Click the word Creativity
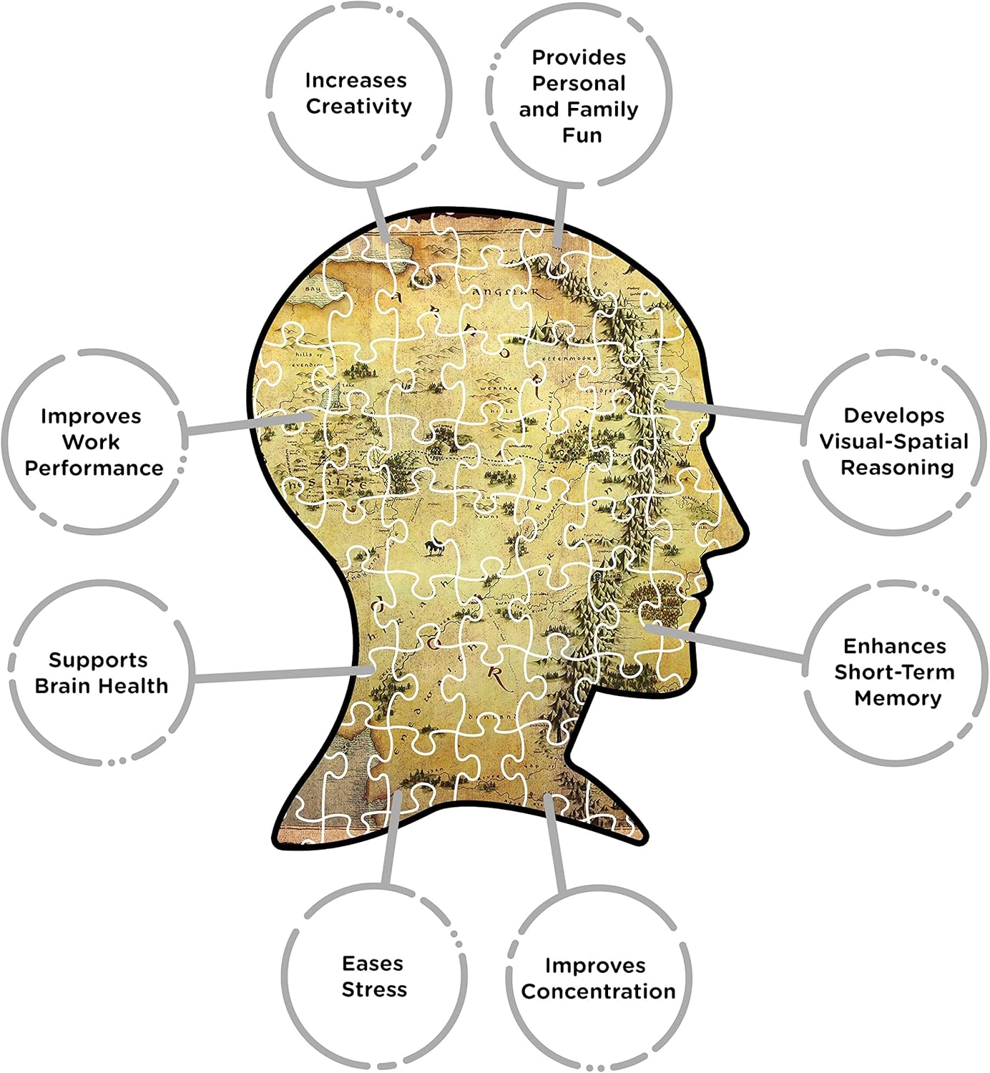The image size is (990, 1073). (x=358, y=107)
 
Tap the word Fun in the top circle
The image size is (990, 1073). (x=582, y=135)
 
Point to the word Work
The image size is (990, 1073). (x=91, y=442)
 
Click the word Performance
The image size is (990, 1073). (x=94, y=468)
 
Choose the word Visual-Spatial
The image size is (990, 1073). (x=894, y=441)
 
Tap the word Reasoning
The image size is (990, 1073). (x=897, y=468)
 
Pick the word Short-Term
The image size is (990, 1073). (x=894, y=672)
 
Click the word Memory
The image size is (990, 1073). (x=898, y=698)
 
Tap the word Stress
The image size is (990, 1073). (x=374, y=990)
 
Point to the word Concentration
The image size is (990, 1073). (x=598, y=991)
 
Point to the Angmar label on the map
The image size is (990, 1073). (x=507, y=292)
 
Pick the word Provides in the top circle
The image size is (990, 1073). (x=579, y=57)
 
